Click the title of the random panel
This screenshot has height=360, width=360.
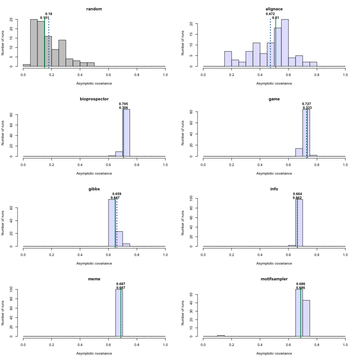click(x=94, y=9)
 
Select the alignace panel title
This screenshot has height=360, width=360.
click(x=274, y=9)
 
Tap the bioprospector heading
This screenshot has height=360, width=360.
click(x=94, y=99)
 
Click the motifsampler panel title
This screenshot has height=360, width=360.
click(x=274, y=279)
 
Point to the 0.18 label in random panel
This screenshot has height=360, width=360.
click(x=49, y=14)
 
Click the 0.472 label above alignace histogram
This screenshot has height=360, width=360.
click(x=270, y=14)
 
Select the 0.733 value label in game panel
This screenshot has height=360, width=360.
click(x=307, y=108)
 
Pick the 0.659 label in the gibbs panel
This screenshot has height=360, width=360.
click(x=117, y=194)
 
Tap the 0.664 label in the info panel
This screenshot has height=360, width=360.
click(x=297, y=194)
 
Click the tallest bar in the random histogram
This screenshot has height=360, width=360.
click(x=34, y=43)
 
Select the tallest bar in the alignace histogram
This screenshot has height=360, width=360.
click(x=285, y=43)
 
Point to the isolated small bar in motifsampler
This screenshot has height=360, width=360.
click(x=221, y=336)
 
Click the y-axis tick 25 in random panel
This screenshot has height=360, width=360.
click(x=17, y=19)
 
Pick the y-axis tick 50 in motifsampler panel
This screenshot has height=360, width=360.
click(x=197, y=294)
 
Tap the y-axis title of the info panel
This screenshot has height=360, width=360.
click(x=183, y=222)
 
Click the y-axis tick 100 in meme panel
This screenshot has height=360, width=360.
click(x=17, y=289)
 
